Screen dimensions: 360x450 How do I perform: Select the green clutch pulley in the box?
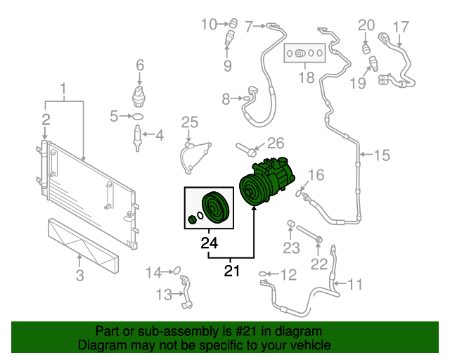point(214,208)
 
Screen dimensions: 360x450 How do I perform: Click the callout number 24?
point(209,244)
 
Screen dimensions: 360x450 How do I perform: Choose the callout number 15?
point(380,155)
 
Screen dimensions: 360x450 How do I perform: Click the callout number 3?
point(79,275)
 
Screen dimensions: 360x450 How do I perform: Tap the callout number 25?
point(190,123)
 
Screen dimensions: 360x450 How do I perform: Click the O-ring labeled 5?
point(139,116)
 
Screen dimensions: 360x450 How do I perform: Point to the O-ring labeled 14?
point(177,271)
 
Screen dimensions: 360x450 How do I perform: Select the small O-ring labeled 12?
point(264,274)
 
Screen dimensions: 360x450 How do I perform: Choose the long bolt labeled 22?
point(307,235)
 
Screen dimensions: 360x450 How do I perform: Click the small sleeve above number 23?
point(288,224)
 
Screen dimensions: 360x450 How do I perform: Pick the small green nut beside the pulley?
point(192,220)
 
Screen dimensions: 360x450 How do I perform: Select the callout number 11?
point(355,285)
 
